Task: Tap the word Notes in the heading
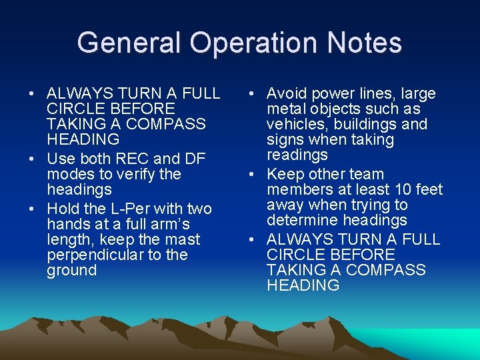365,43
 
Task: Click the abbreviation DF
194,159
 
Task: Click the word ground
71,270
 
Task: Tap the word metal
285,109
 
